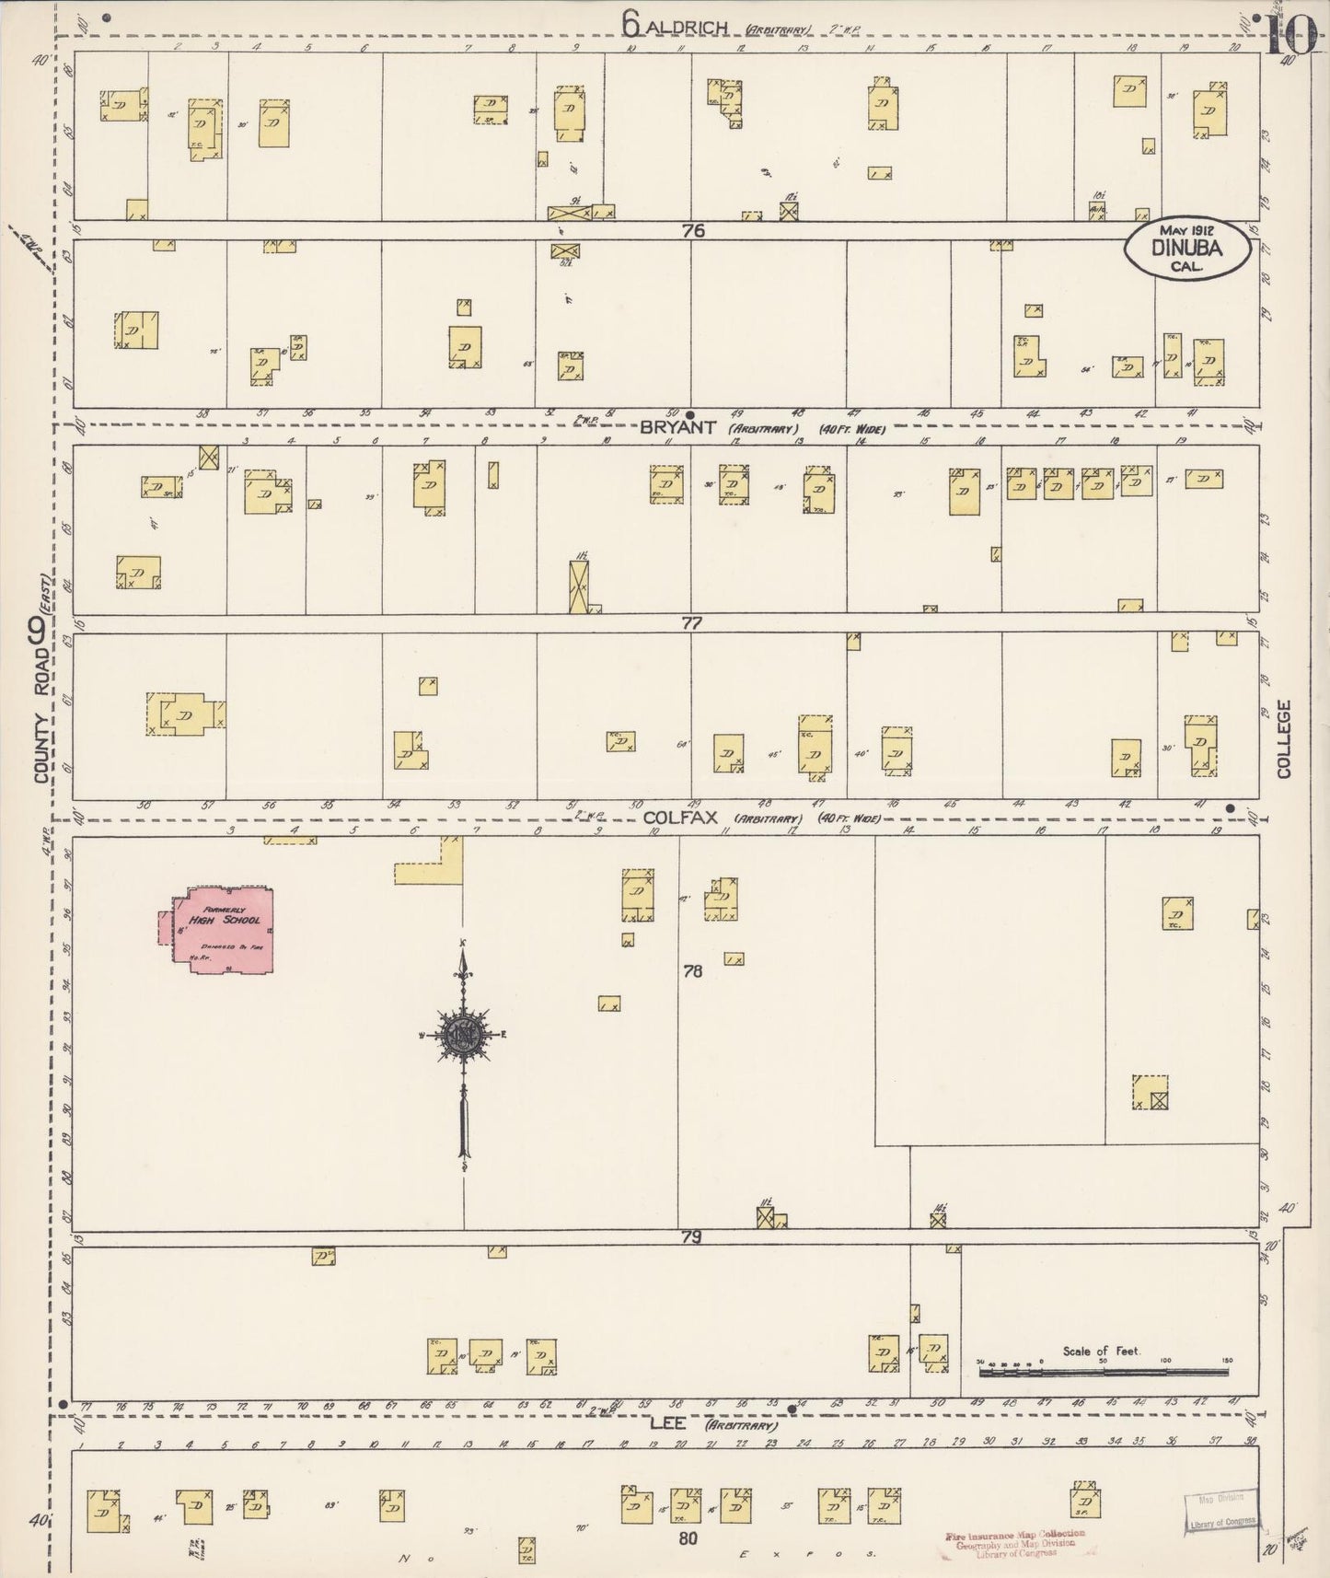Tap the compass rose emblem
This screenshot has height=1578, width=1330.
click(463, 1035)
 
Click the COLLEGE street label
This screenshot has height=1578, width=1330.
click(1284, 738)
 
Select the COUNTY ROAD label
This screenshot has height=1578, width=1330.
click(40, 727)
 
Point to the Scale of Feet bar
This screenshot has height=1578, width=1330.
click(1103, 1371)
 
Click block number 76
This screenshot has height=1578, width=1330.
click(693, 232)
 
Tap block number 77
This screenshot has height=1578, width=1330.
click(691, 623)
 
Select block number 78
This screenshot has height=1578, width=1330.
click(693, 970)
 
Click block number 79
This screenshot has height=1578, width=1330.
click(691, 1238)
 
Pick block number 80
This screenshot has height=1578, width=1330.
click(688, 1537)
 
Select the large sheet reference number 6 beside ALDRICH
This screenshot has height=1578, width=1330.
click(630, 24)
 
